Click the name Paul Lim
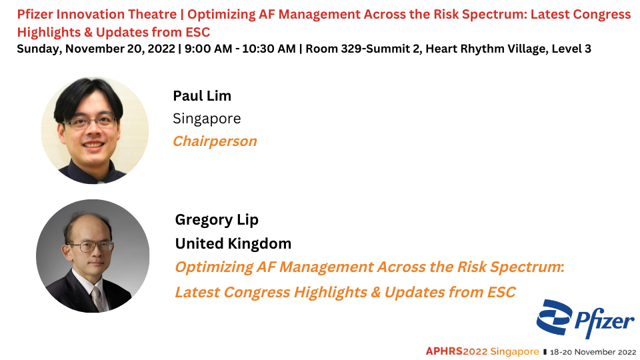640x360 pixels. click(x=202, y=96)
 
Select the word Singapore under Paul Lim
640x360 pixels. click(x=207, y=119)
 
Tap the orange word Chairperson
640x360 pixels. click(x=215, y=141)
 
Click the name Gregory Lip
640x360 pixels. click(x=216, y=220)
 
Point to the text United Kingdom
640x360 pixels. click(x=233, y=244)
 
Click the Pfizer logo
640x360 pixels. click(x=586, y=319)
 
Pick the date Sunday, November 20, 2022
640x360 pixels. click(x=96, y=49)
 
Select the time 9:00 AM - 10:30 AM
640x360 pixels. click(x=240, y=49)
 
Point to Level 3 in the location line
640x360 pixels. click(x=571, y=49)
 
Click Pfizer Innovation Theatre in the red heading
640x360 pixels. click(x=97, y=14)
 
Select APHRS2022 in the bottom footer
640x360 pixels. click(x=456, y=351)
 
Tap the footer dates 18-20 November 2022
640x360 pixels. click(x=593, y=352)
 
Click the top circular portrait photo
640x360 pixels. click(x=95, y=130)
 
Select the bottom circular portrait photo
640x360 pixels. click(x=93, y=256)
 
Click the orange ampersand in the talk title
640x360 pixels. click(x=375, y=292)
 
